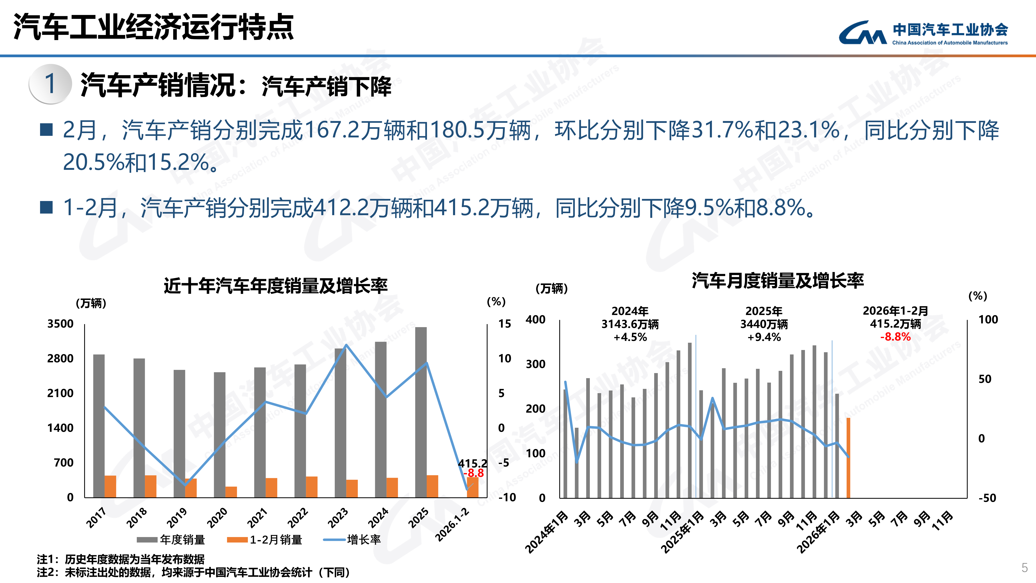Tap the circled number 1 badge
(x=50, y=84)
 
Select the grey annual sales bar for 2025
(x=421, y=410)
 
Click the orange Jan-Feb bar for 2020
(x=231, y=492)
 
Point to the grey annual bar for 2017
(x=99, y=426)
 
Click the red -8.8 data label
(x=474, y=473)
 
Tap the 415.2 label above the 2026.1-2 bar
(x=472, y=464)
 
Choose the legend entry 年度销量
(x=171, y=539)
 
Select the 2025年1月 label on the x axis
(x=683, y=532)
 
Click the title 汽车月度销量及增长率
(x=777, y=280)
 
